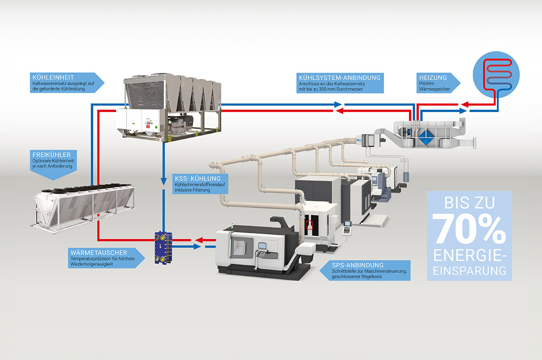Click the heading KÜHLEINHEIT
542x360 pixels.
53,77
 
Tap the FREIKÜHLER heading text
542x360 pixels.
51,154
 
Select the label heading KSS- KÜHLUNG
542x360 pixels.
198,179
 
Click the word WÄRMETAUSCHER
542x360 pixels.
99,253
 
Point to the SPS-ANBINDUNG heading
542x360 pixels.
358,265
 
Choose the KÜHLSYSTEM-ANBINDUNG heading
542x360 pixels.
339,78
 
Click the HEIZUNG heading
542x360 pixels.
433,78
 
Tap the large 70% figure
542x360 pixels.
469,229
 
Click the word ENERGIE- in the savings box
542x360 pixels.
470,256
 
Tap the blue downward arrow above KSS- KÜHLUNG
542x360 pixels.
164,181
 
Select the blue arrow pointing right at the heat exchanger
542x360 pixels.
197,247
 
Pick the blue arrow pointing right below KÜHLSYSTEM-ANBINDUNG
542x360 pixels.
338,104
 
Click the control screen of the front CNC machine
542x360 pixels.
263,246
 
